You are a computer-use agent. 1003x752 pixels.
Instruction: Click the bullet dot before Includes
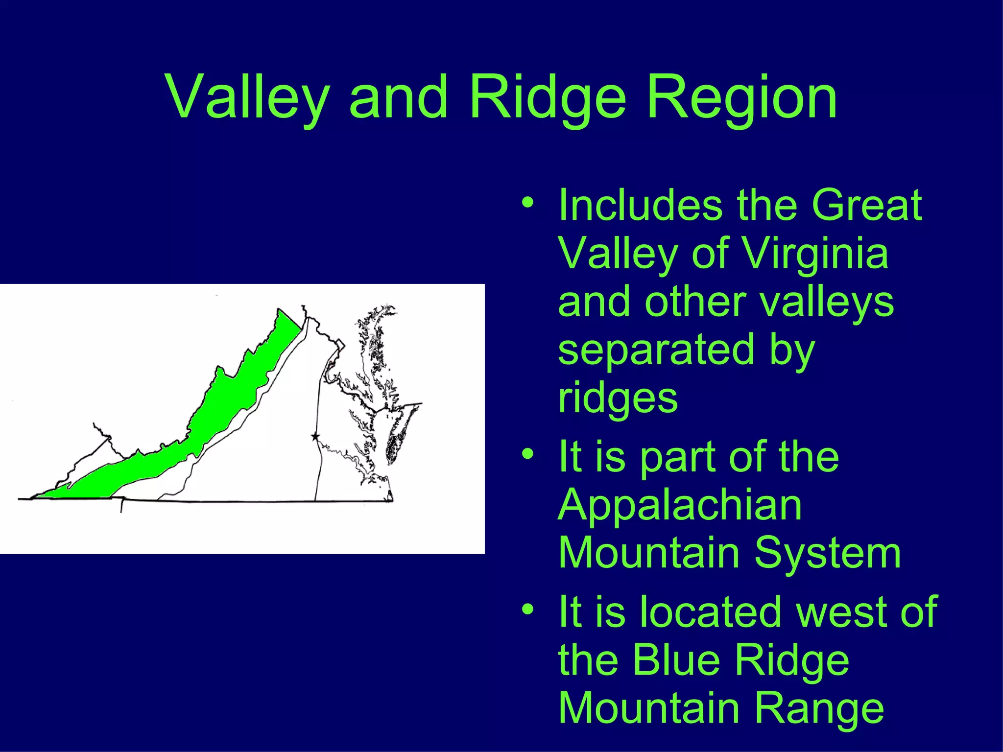[527, 202]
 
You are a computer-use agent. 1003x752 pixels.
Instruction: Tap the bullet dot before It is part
[527, 454]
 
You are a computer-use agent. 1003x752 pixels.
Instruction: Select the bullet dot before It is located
[527, 609]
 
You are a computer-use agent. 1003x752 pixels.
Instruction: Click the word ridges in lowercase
[618, 398]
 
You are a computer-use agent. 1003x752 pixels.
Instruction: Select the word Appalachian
[680, 505]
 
